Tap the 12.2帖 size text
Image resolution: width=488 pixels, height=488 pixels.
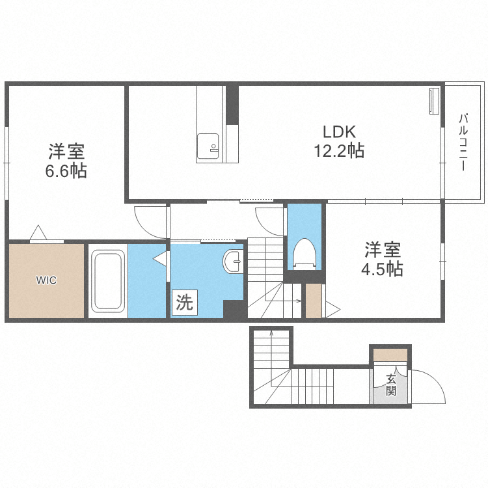pyautogui.click(x=338, y=151)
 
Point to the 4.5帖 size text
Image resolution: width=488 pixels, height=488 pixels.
pyautogui.click(x=383, y=269)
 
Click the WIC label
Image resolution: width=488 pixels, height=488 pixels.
pyautogui.click(x=46, y=281)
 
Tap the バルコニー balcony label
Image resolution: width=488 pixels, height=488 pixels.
pyautogui.click(x=464, y=142)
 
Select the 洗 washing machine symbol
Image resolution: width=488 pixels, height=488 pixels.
pyautogui.click(x=185, y=303)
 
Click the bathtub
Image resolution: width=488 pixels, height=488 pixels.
pyautogui.click(x=107, y=281)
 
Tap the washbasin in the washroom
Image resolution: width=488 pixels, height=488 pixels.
pyautogui.click(x=232, y=262)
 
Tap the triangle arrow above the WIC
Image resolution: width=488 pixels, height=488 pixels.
pyautogui.click(x=38, y=232)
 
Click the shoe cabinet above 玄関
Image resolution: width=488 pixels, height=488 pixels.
pyautogui.click(x=390, y=355)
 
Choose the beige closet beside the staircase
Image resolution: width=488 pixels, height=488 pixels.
pyautogui.click(x=314, y=301)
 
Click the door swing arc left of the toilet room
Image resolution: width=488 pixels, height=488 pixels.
pyautogui.click(x=268, y=221)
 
